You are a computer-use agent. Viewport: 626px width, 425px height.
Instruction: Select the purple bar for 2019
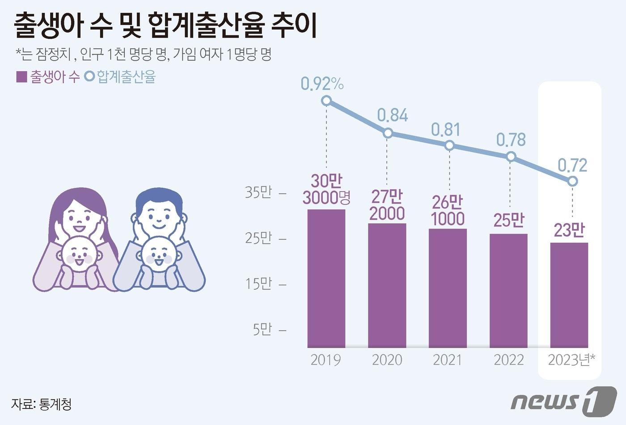[x=326, y=278]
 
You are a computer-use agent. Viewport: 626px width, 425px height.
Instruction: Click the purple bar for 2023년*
[x=569, y=295]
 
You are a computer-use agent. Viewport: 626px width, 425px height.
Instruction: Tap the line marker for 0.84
[x=388, y=133]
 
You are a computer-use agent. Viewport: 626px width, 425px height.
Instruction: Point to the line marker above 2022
[x=511, y=157]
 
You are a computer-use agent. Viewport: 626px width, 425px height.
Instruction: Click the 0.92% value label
[x=322, y=84]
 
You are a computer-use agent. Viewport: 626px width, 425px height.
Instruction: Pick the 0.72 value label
[x=572, y=166]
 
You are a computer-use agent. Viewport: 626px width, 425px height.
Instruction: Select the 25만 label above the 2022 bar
[x=509, y=220]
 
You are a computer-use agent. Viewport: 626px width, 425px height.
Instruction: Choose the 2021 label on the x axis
[x=448, y=360]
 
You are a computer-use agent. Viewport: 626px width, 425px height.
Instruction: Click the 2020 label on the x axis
[x=387, y=360]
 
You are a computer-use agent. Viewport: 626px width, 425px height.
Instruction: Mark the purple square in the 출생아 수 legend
[x=21, y=76]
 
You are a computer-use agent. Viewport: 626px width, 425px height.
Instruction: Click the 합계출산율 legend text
[x=126, y=76]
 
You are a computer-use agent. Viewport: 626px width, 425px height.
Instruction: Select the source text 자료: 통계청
[x=41, y=404]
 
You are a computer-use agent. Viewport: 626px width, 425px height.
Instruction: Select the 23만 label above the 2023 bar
[x=569, y=230]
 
